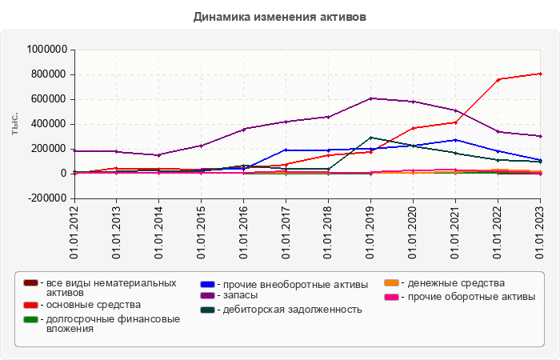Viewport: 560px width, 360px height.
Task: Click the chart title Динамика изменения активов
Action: pyautogui.click(x=279, y=16)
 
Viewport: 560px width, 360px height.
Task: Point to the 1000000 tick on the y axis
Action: pyautogui.click(x=46, y=50)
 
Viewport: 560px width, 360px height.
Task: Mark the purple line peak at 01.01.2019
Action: pyautogui.click(x=370, y=98)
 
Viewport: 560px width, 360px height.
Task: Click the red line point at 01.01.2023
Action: pyautogui.click(x=540, y=74)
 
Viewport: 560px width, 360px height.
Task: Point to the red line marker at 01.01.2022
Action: pyautogui.click(x=498, y=79)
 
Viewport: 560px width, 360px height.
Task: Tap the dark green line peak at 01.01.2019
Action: pyautogui.click(x=370, y=138)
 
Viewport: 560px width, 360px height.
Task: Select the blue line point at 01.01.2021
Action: pyautogui.click(x=455, y=140)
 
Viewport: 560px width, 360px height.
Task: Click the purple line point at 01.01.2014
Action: pyautogui.click(x=158, y=155)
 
